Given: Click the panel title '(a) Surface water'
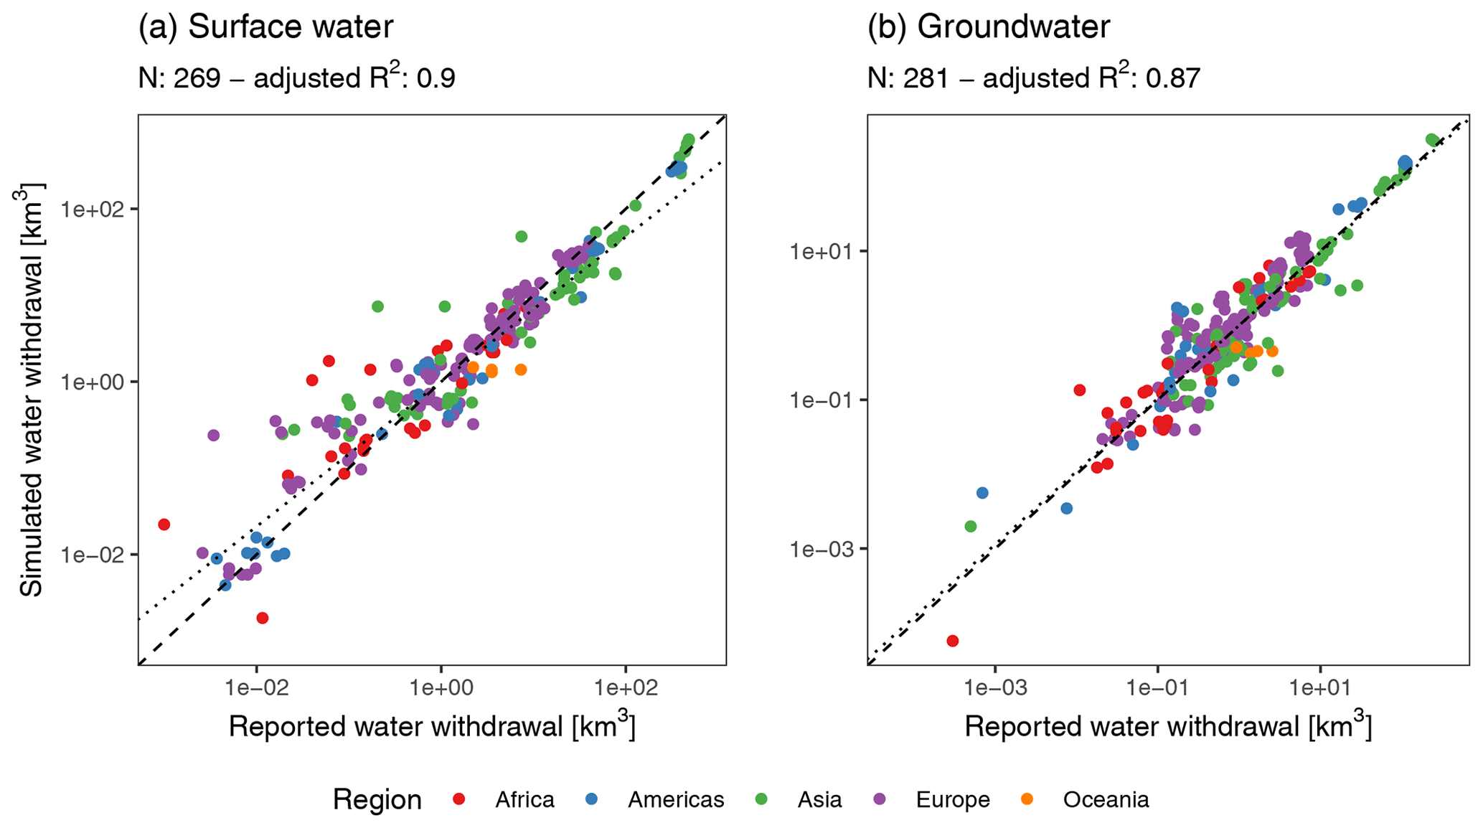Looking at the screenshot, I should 265,27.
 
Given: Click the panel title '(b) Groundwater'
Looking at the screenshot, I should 988,27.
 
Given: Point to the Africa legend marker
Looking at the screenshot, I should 460,799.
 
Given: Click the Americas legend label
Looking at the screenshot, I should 675,800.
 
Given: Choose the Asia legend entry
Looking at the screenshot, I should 819,800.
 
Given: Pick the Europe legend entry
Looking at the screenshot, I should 952,800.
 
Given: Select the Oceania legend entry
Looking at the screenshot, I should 1106,800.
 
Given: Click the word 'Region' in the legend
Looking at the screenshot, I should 377,800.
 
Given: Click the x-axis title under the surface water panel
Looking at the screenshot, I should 432,726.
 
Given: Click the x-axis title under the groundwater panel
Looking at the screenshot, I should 1168,726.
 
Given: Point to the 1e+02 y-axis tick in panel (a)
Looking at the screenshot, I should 93,210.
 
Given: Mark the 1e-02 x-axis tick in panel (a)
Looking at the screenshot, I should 256,689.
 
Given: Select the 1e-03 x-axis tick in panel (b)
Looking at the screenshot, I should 994,689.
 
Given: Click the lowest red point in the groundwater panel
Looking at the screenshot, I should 952,641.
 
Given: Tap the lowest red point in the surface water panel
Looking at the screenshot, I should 263,618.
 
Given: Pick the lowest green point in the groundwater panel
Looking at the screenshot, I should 971,527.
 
